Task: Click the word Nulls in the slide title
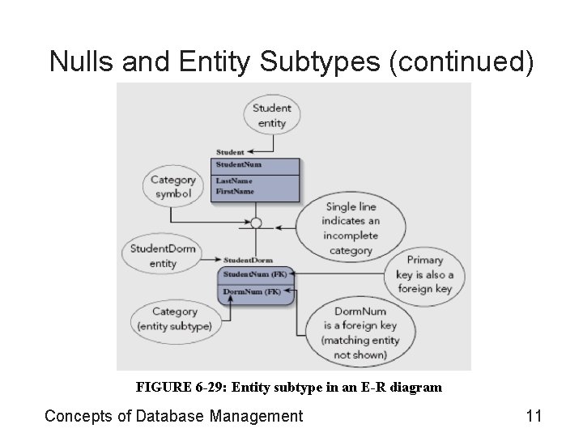[x=79, y=62]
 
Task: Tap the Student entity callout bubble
[x=271, y=116]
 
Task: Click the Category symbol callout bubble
[x=173, y=187]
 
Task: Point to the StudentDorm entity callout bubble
[x=163, y=256]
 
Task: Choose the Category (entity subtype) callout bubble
[x=174, y=319]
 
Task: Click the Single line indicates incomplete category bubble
[x=350, y=228]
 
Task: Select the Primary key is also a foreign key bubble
[x=424, y=274]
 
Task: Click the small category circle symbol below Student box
[x=256, y=223]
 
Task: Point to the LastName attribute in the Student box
[x=234, y=180]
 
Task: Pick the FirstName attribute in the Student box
[x=235, y=191]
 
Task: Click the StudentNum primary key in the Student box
[x=238, y=165]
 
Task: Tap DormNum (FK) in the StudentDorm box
[x=252, y=291]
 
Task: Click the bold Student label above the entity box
[x=230, y=151]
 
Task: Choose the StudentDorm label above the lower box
[x=248, y=261]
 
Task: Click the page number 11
[x=533, y=417]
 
